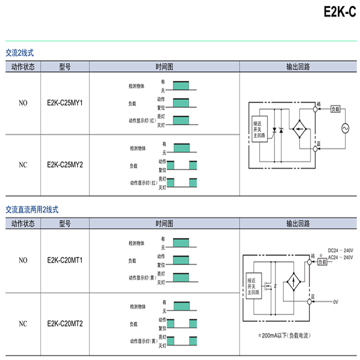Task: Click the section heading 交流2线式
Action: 19,53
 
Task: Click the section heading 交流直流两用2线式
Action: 32,210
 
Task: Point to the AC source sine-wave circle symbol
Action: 347,128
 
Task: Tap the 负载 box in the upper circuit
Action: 336,109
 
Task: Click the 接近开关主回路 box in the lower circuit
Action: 253,286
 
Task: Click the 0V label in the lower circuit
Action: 335,301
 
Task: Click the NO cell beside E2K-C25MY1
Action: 23,103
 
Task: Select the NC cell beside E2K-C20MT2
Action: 23,323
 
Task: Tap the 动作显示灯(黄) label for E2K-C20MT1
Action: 142,278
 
